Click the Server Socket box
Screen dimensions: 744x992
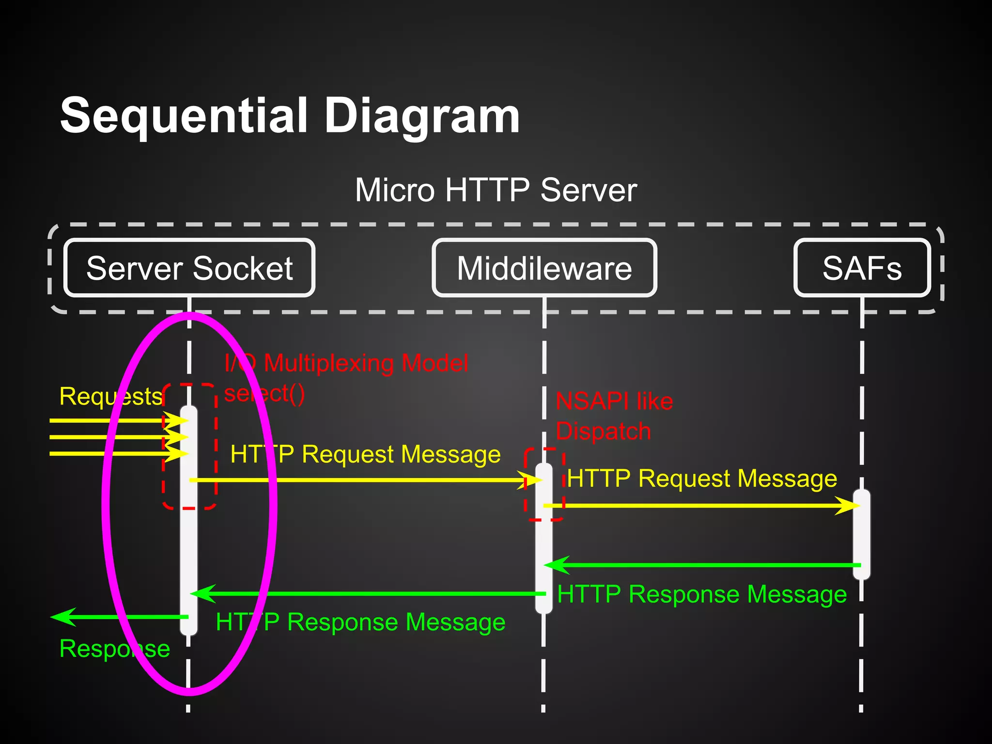(189, 268)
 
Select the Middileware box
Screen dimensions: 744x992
(544, 268)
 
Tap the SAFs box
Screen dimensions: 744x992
(862, 268)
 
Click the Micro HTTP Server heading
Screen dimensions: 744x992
(496, 190)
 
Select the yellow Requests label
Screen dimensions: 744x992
(110, 396)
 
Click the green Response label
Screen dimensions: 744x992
(114, 648)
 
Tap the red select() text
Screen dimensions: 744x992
(264, 393)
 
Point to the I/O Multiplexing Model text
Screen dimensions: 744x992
(346, 363)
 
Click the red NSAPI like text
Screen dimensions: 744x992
(614, 401)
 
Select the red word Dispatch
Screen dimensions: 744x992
(603, 431)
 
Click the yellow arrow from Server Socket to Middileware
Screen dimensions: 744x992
(363, 480)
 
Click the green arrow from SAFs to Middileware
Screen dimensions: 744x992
(702, 565)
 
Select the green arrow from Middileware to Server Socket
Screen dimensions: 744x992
(368, 593)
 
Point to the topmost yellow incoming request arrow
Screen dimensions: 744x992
(111, 420)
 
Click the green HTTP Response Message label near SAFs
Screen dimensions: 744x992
(702, 594)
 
